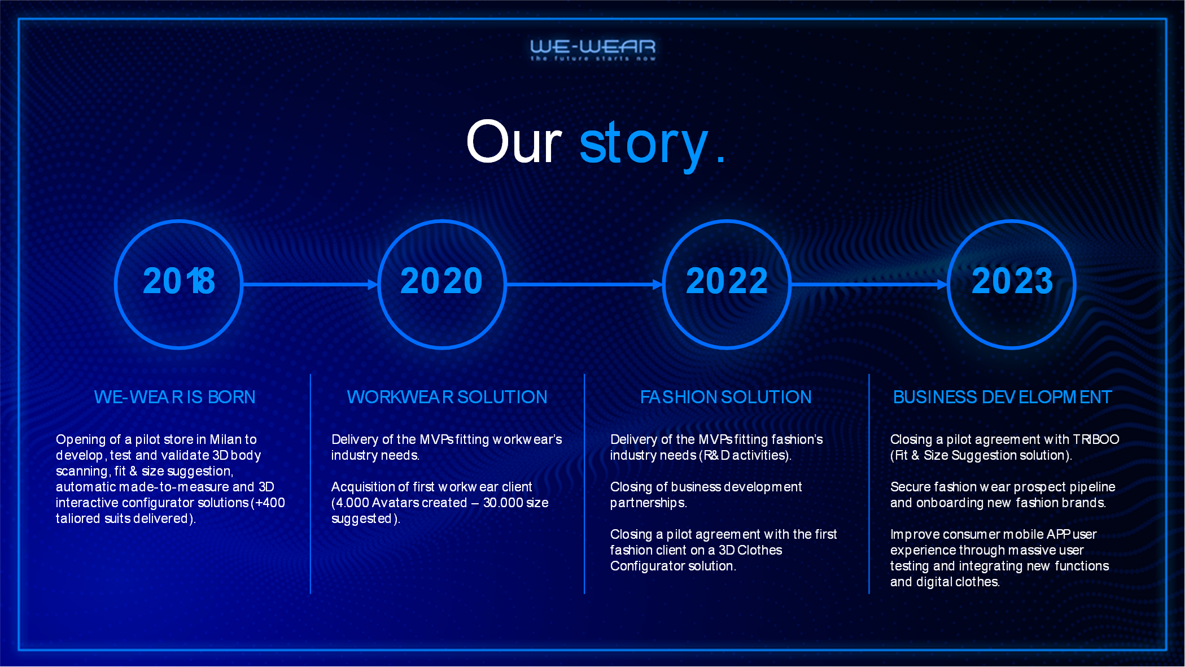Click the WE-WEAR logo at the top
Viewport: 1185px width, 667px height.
(593, 50)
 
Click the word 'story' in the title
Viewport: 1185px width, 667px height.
(644, 145)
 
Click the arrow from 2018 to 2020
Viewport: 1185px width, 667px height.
(310, 284)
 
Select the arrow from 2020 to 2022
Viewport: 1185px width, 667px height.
(584, 284)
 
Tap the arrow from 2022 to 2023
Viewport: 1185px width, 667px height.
(869, 284)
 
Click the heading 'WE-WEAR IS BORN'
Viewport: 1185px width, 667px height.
(174, 397)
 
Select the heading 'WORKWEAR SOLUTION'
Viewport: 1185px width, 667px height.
(447, 397)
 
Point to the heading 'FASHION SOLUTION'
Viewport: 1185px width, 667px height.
(725, 397)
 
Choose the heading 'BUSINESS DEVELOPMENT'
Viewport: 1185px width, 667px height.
(1002, 397)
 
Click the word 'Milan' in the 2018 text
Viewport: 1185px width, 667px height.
(225, 439)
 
